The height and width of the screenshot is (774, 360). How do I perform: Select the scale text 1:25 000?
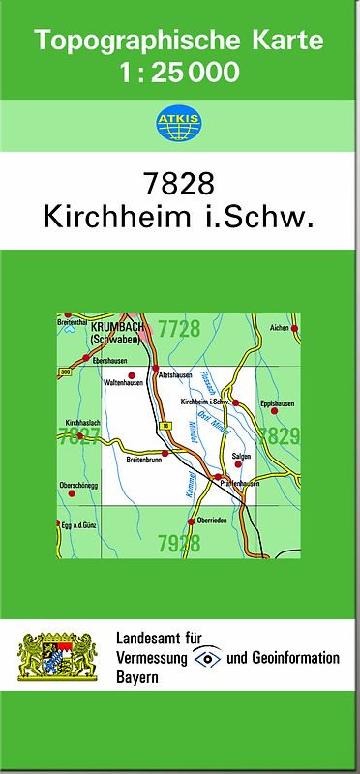[180, 72]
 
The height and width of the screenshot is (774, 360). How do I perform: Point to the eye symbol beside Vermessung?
[206, 658]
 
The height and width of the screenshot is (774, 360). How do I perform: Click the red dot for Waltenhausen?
[132, 373]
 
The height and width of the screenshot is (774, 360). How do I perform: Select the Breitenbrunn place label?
[145, 461]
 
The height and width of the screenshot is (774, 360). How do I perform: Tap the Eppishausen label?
[277, 404]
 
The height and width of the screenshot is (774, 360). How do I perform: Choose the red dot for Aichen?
[294, 330]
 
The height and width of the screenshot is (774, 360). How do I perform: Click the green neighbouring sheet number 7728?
[179, 329]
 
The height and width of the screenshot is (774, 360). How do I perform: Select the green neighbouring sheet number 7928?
[179, 543]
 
